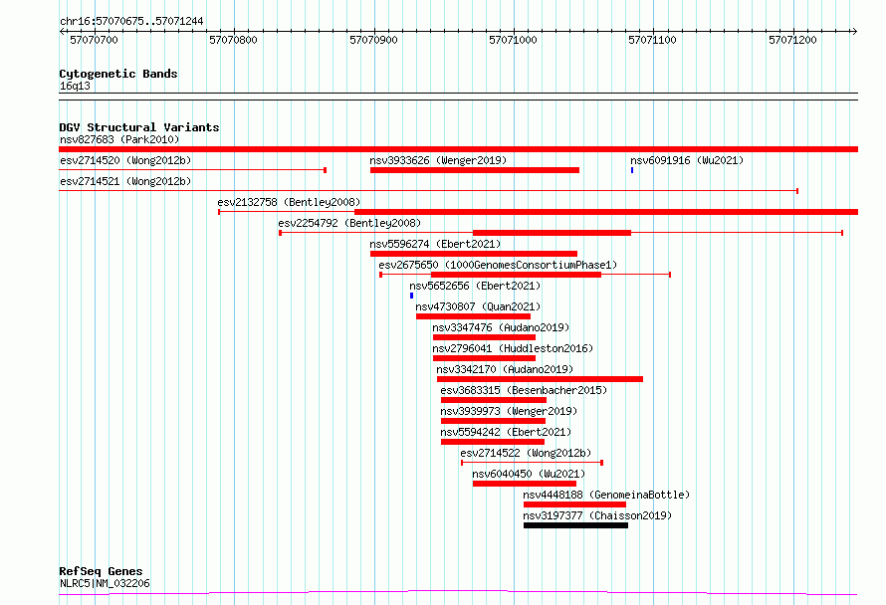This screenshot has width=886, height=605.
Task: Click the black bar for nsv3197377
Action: (x=575, y=525)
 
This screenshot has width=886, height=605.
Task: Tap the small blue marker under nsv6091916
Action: (x=632, y=170)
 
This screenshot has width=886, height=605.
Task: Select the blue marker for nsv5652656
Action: (x=411, y=296)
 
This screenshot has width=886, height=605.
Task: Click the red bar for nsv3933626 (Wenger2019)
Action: (x=475, y=170)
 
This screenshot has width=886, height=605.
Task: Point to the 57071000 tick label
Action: (x=513, y=40)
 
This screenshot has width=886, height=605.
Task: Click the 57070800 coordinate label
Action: (x=233, y=40)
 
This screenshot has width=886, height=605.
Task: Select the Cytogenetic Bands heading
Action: (x=118, y=74)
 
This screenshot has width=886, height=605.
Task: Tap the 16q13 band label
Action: (x=75, y=86)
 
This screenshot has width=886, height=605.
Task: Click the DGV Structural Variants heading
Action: (x=139, y=127)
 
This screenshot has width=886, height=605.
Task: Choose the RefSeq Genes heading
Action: (x=101, y=571)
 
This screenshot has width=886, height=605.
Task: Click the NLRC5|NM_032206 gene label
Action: (x=106, y=583)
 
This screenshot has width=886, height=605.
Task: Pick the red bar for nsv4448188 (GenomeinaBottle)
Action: (x=574, y=504)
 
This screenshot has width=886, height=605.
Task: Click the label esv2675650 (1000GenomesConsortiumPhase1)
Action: (x=498, y=265)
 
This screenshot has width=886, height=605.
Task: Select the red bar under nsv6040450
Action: (x=525, y=484)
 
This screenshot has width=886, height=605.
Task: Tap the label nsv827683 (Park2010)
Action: (x=119, y=139)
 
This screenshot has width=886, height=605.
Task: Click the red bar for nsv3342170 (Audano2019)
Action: (x=540, y=379)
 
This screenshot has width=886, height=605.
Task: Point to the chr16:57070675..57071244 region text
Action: (x=131, y=22)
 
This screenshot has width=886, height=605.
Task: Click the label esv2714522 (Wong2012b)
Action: (x=526, y=453)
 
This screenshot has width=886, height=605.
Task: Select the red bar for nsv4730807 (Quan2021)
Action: (x=474, y=316)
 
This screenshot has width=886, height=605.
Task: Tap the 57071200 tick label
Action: (x=792, y=40)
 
